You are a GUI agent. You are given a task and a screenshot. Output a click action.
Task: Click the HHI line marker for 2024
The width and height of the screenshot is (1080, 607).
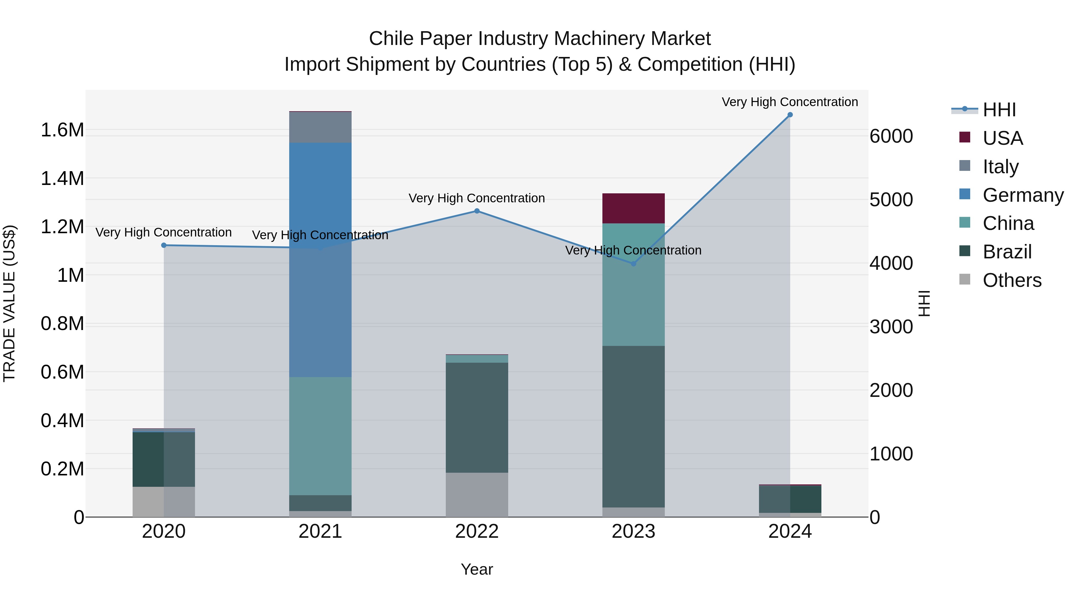click(790, 115)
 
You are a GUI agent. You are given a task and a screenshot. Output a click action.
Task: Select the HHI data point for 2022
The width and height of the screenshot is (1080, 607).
click(477, 211)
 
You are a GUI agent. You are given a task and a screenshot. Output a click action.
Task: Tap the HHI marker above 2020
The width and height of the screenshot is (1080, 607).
click(164, 245)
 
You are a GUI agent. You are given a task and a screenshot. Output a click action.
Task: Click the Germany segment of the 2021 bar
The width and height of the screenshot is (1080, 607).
click(320, 260)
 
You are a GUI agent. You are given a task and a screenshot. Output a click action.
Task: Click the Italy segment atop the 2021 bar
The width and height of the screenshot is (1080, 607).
click(320, 127)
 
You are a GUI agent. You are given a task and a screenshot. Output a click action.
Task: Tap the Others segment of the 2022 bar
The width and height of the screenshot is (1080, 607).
click(477, 495)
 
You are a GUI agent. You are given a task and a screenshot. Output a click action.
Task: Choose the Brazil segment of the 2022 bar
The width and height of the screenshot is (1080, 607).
click(477, 418)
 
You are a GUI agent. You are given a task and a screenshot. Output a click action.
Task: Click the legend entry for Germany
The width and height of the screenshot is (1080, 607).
click(1023, 195)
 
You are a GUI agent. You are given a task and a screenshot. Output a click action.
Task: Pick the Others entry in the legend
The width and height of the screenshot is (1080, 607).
click(1012, 280)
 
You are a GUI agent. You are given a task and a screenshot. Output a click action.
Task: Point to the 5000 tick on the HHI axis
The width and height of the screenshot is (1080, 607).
click(891, 200)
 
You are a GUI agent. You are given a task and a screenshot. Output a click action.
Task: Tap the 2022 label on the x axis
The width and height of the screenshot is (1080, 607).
click(477, 531)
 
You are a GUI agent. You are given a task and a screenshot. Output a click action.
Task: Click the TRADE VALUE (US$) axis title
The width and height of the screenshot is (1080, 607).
click(9, 303)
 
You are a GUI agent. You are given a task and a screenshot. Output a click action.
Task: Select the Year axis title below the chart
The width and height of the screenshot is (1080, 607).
click(477, 569)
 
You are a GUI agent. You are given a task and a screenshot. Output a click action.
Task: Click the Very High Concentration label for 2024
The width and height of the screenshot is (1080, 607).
click(790, 102)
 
